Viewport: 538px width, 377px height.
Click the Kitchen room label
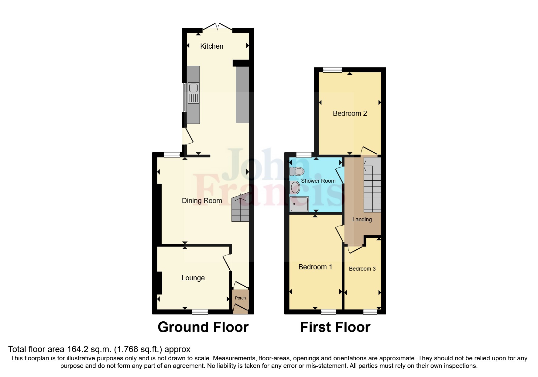212,46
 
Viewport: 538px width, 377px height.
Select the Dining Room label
202,201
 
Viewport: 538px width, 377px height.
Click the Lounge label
193,278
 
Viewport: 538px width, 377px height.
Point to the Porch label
240,298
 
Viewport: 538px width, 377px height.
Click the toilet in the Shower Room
297,171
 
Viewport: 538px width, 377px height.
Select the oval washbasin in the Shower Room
295,187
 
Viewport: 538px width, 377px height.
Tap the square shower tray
299,204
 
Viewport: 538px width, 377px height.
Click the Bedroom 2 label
350,113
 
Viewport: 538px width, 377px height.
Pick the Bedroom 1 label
315,267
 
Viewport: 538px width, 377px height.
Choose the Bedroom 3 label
362,269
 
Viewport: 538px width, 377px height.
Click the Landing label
362,220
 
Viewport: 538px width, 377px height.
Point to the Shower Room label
318,181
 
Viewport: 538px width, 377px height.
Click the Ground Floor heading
203,327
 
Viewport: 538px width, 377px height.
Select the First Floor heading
335,327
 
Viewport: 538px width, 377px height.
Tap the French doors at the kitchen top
218,27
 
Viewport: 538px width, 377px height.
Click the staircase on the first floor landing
372,188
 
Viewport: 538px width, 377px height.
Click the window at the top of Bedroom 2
332,70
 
